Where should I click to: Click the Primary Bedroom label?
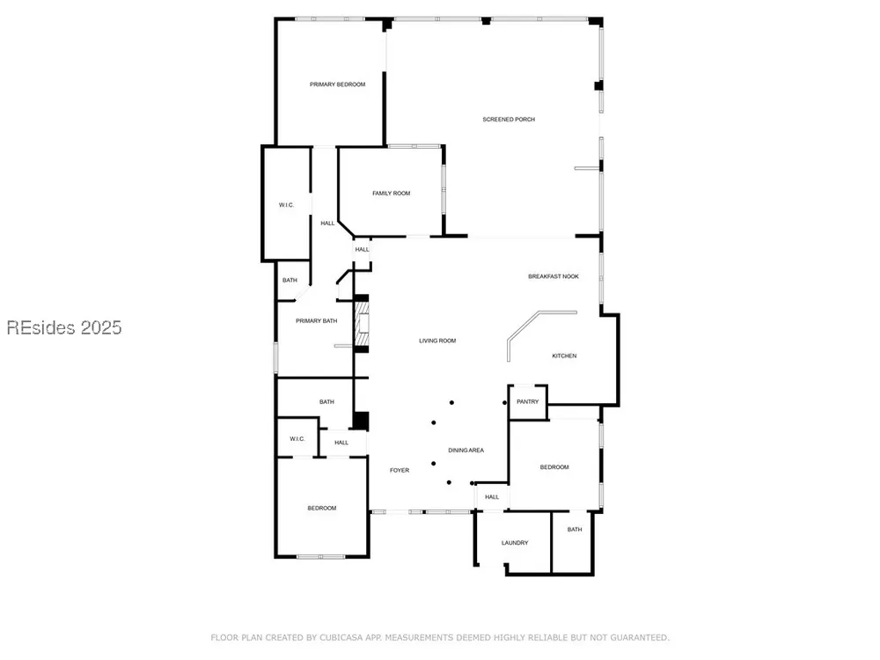[x=337, y=84]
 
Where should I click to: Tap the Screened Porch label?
[x=509, y=120]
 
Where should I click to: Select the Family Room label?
[x=392, y=193]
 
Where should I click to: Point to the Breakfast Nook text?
[x=554, y=276]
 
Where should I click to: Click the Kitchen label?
[x=564, y=356]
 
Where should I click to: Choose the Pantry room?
[x=527, y=402]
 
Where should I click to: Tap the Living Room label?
[x=437, y=341]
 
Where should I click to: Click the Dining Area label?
[x=466, y=450]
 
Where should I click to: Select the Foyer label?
[x=400, y=470]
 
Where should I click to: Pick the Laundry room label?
[x=515, y=543]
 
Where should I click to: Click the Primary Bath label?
[x=317, y=321]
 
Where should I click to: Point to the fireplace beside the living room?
[x=362, y=324]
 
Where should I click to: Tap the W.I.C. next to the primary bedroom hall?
[x=286, y=205]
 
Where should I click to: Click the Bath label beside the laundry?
[x=575, y=529]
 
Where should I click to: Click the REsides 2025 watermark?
[x=64, y=327]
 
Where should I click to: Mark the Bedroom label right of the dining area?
[x=554, y=467]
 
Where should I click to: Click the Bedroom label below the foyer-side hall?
[x=321, y=508]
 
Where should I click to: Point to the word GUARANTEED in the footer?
[x=640, y=637]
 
